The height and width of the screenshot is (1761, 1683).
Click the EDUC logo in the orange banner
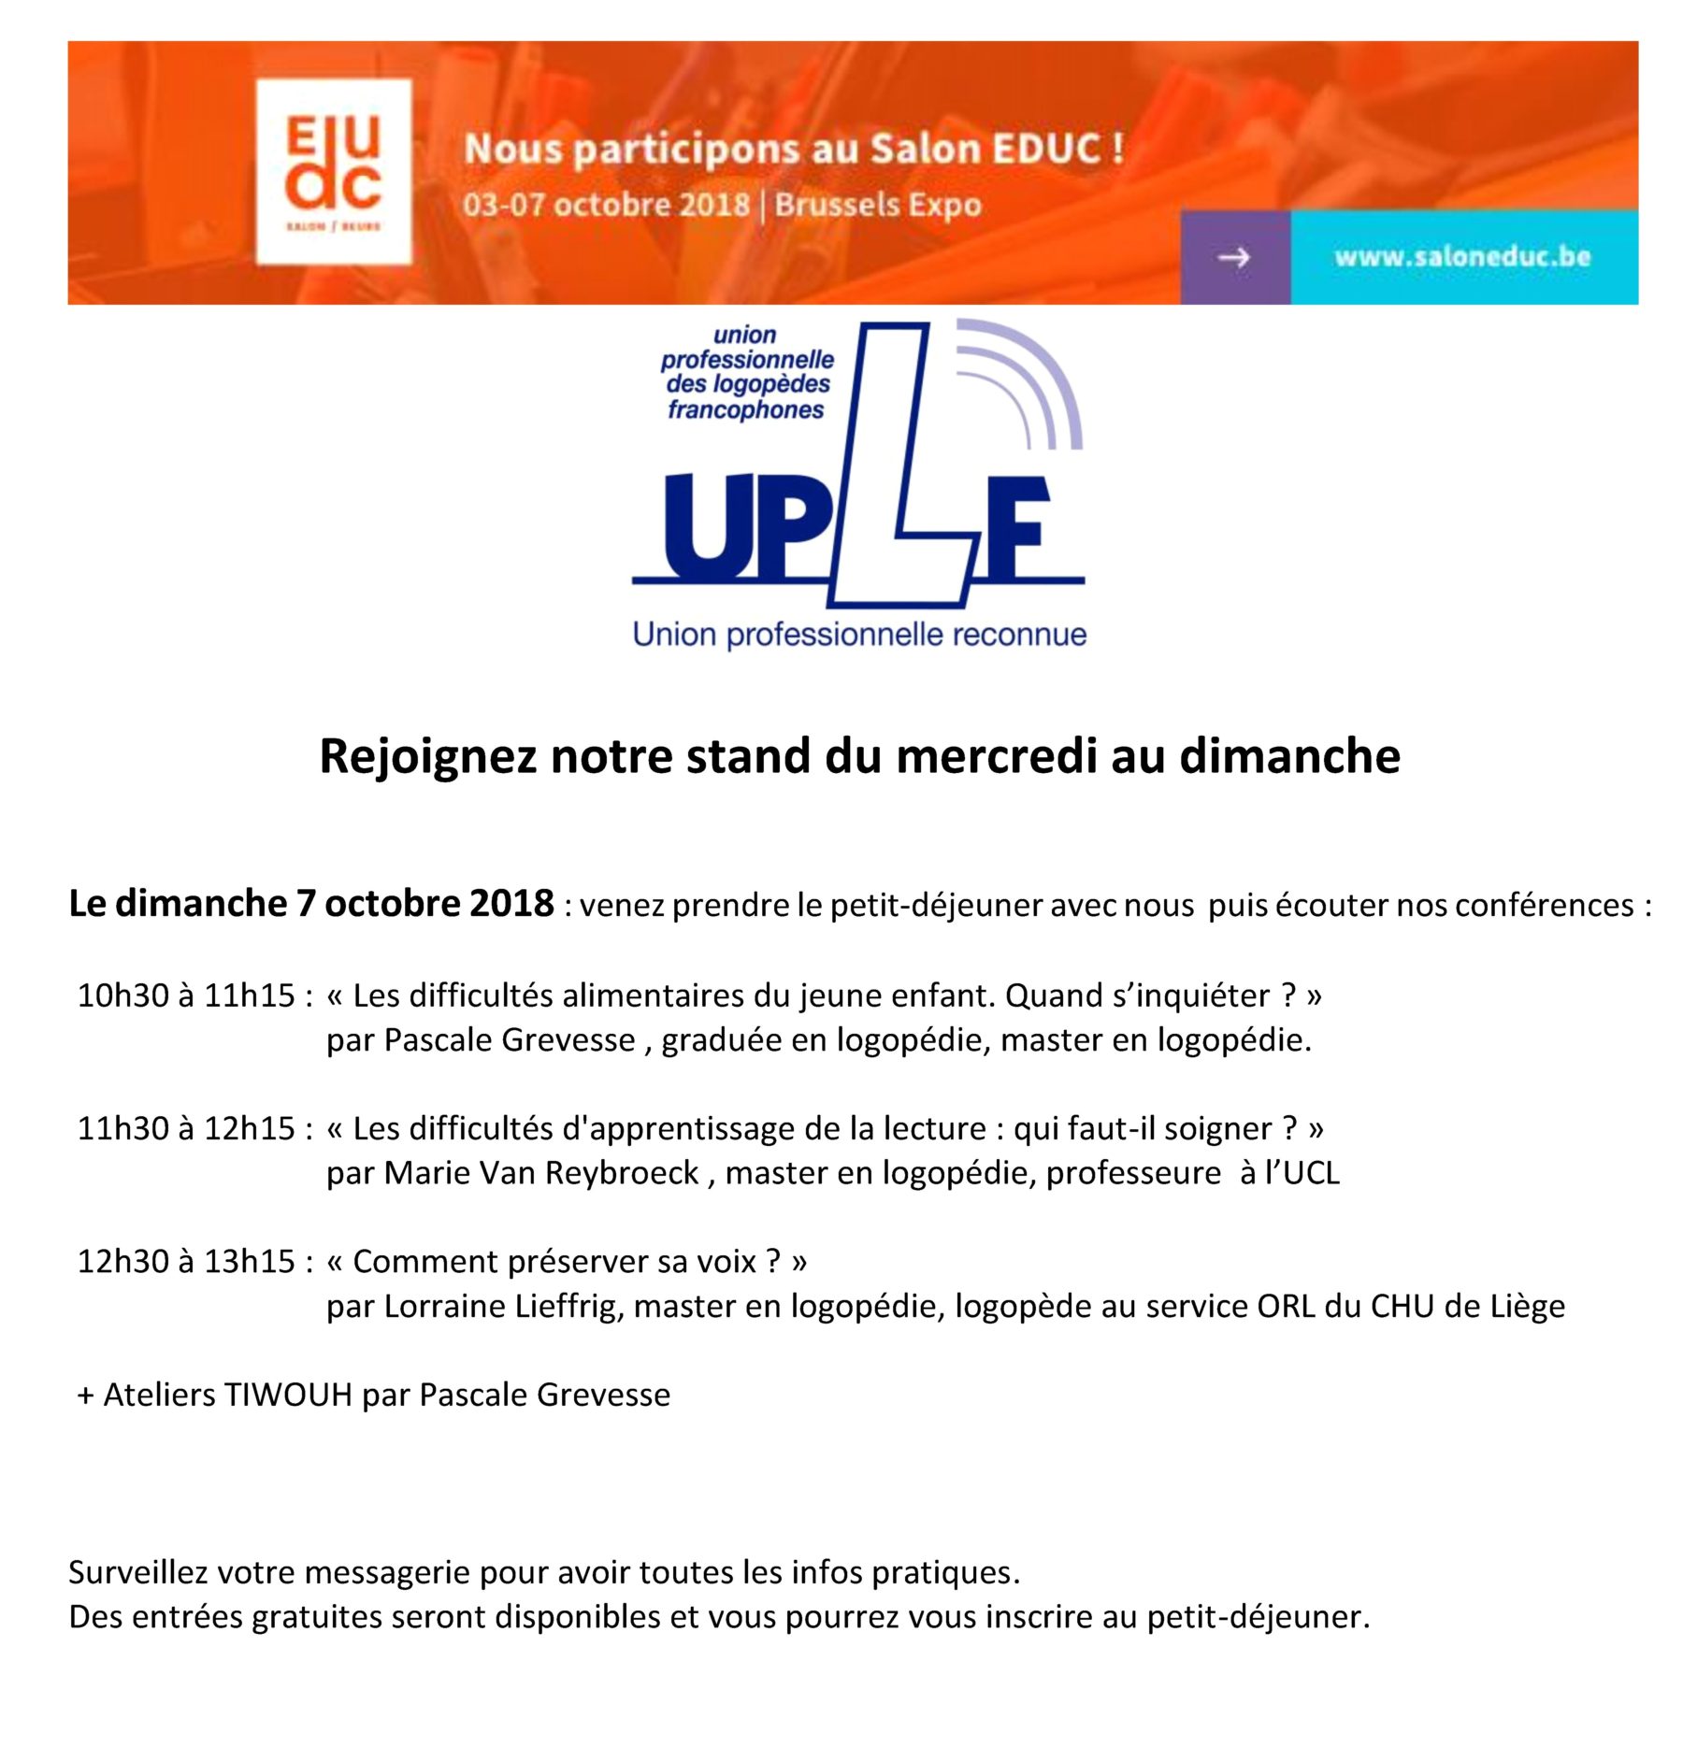pos(334,171)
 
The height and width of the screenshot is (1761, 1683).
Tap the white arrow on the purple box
pos(1233,257)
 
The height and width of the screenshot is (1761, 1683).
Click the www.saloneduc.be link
pos(1461,257)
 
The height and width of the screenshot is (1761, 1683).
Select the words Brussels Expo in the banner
pos(878,205)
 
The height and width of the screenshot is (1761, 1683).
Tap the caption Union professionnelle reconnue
pos(859,635)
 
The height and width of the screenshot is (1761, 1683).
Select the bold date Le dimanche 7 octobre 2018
pos(311,904)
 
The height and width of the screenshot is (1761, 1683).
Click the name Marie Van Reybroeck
pos(541,1173)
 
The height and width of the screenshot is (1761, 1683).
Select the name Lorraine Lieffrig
pos(503,1306)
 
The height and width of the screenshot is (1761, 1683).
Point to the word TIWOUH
pos(288,1395)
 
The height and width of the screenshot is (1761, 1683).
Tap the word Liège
pos(1527,1306)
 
